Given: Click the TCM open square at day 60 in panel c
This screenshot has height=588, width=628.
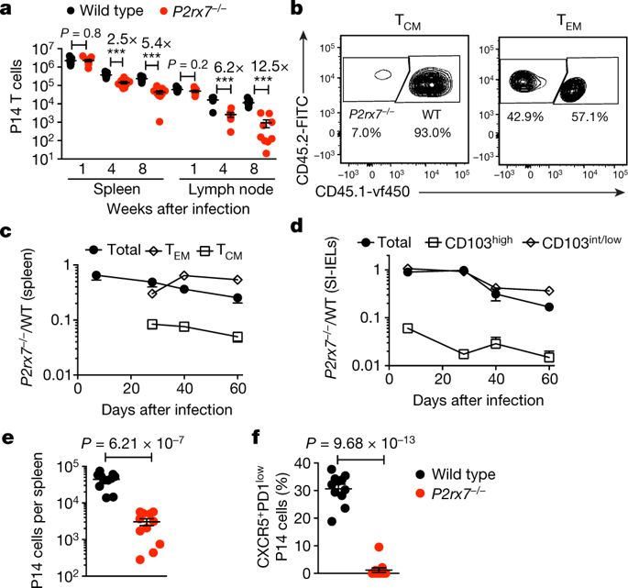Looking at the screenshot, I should pos(237,337).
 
